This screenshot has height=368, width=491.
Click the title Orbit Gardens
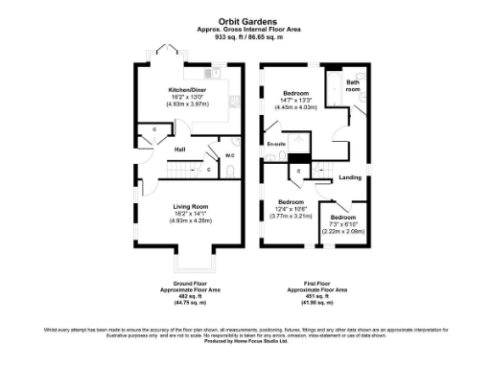pos(245,20)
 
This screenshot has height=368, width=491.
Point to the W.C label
pos(229,156)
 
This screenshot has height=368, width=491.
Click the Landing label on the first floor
pos(351,177)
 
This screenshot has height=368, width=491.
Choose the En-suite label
pos(277,145)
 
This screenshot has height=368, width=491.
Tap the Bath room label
pos(352,86)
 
